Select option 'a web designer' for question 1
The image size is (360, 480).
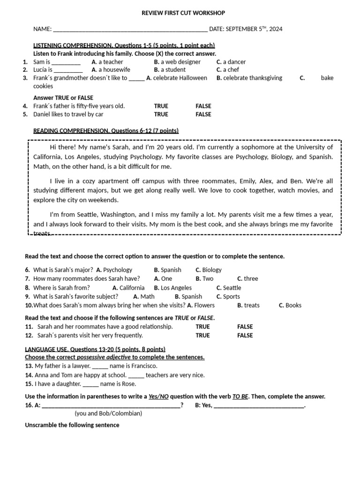pos(180,62)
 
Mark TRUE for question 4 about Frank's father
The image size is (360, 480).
pos(161,106)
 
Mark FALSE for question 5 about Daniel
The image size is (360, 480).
pos(203,114)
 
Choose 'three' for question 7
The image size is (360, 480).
pos(251,278)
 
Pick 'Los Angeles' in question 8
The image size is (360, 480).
pos(176,288)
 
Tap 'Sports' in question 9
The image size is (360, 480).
pos(232,297)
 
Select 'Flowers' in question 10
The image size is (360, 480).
pos(204,306)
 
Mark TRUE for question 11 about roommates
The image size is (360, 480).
pos(203,327)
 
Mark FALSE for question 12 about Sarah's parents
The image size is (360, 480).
pos(245,335)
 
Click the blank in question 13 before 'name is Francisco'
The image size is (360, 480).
pos(100,366)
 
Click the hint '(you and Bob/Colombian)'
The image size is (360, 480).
pos(108,413)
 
